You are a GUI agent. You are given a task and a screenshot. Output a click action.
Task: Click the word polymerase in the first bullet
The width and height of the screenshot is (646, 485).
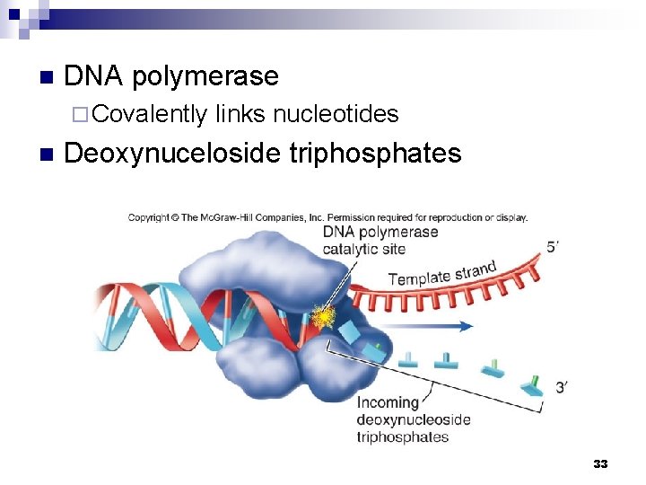[205, 77]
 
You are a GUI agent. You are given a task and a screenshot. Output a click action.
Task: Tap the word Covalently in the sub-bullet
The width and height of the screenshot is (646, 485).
[149, 114]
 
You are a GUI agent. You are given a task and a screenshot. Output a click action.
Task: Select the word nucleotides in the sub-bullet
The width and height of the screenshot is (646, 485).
[336, 114]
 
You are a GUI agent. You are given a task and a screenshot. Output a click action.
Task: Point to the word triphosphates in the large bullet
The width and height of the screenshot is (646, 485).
[375, 154]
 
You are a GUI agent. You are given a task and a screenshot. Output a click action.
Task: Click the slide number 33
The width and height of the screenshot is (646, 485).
[600, 463]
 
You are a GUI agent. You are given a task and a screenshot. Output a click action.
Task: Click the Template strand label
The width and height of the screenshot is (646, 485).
[442, 272]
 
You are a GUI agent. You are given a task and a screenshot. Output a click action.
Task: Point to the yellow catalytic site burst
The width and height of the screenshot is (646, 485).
[320, 315]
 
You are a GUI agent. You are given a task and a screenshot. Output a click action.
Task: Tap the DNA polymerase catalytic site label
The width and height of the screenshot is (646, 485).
[380, 240]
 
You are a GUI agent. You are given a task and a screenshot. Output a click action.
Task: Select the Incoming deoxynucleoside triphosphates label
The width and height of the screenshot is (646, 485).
[414, 419]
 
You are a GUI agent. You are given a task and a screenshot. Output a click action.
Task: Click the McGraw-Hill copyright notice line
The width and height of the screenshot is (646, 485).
[327, 216]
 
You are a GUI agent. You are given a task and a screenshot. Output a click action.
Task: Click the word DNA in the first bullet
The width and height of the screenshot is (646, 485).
[94, 77]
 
